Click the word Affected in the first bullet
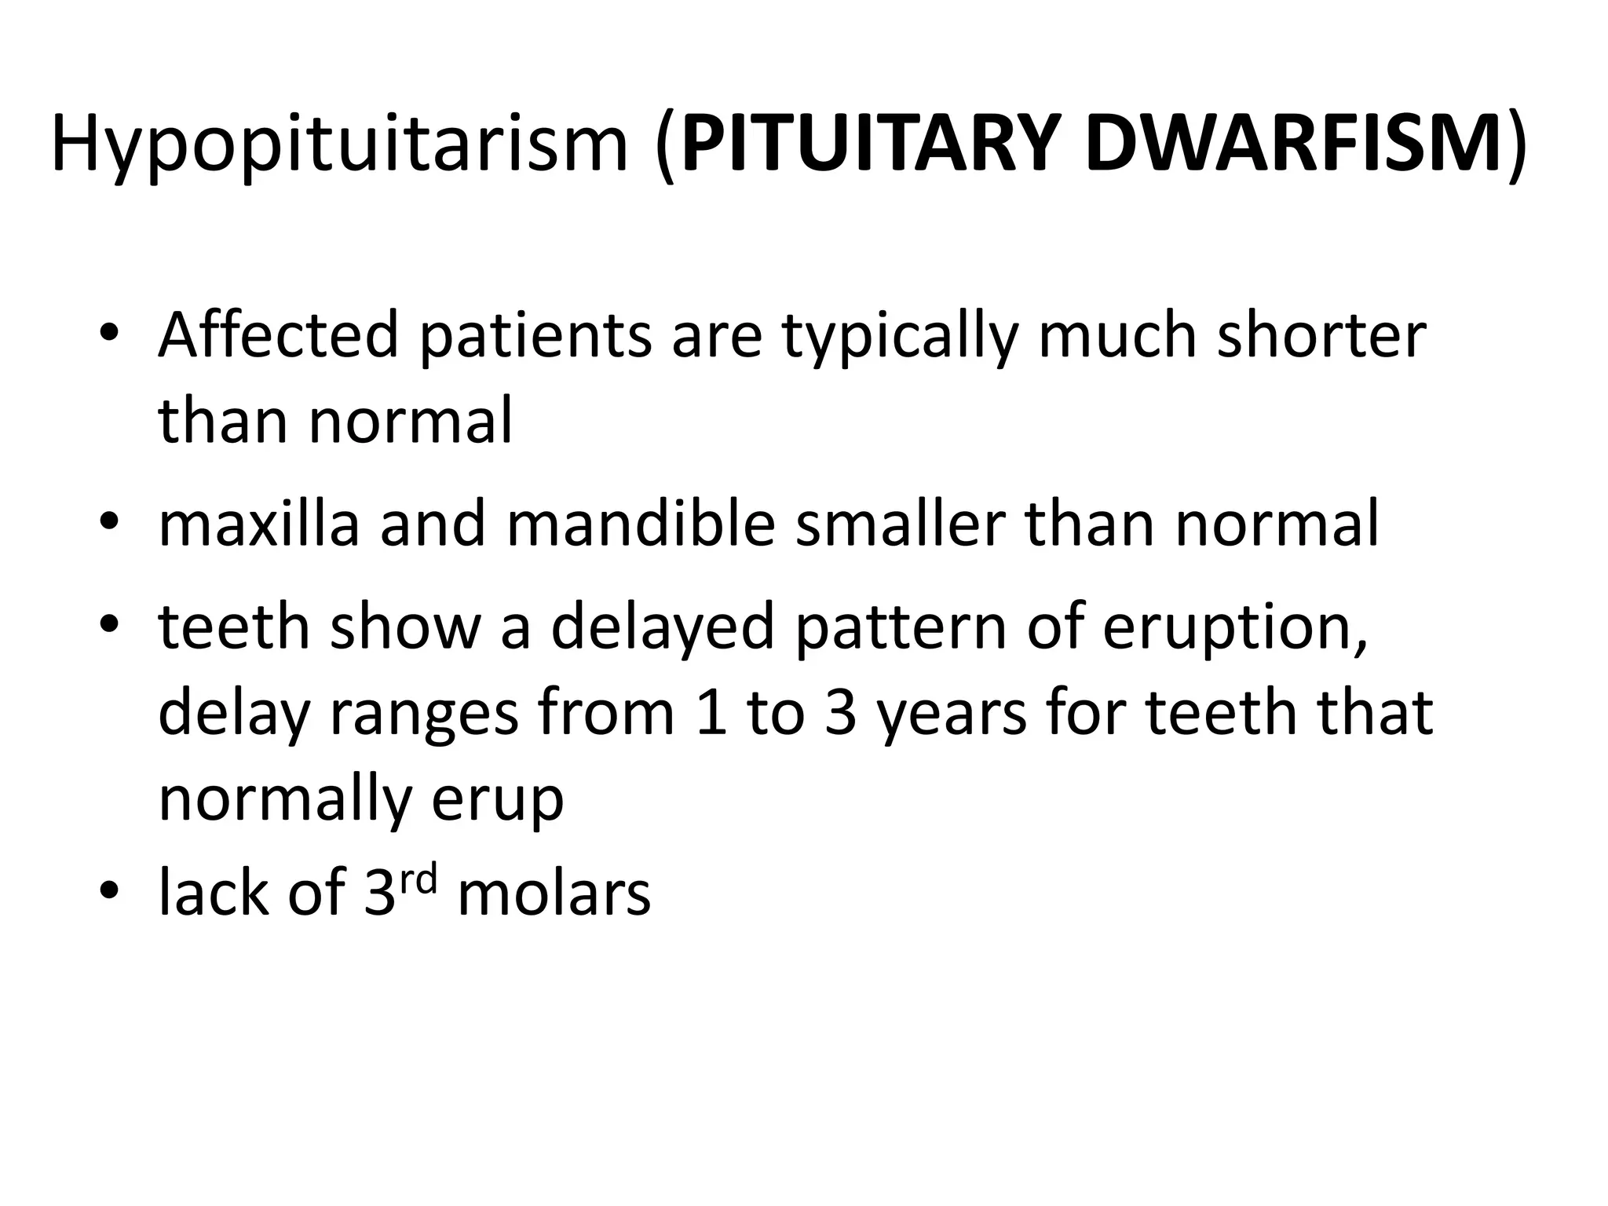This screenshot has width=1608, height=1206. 279,335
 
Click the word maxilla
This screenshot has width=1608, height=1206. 259,524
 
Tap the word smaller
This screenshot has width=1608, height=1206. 900,524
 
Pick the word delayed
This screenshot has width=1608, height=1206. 663,629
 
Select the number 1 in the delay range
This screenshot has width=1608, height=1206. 711,714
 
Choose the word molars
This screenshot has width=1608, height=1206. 554,894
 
